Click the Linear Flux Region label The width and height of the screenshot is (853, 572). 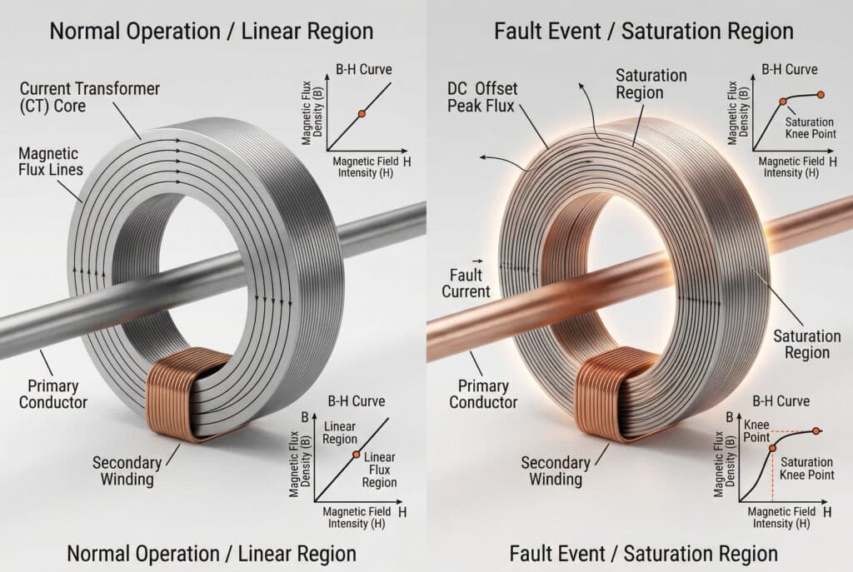coord(381,470)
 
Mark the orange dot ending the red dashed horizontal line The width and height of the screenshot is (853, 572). coord(816,430)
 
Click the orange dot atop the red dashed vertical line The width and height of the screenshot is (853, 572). coord(771,449)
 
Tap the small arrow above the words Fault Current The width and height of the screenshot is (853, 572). coord(479,260)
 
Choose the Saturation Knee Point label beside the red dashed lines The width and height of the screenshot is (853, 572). coord(807,468)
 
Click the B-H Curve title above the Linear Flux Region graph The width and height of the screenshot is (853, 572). coord(357,400)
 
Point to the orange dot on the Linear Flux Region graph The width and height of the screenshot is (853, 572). coord(356,455)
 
